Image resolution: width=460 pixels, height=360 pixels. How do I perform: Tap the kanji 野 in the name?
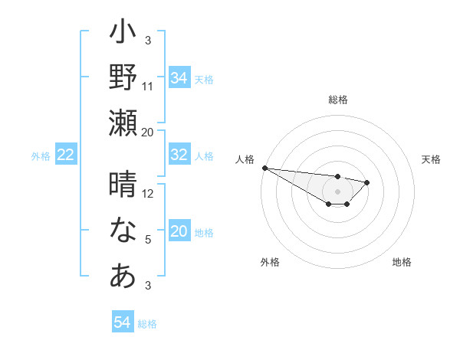(x=123, y=77)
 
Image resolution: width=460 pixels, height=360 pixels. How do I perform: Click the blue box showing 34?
(x=179, y=77)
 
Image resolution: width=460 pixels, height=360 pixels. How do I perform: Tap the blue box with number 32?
(x=179, y=155)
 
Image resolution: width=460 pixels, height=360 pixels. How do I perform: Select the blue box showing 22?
(x=66, y=155)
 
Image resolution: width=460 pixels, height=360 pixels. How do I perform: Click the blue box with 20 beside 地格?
(x=179, y=232)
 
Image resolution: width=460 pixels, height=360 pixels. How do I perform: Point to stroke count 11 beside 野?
(x=148, y=86)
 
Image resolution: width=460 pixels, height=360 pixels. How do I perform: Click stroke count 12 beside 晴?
(x=148, y=194)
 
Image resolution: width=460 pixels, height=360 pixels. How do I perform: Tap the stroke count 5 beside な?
(x=148, y=240)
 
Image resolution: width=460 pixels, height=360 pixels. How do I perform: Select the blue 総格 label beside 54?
(x=147, y=324)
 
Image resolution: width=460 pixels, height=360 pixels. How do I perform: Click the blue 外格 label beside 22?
(x=41, y=156)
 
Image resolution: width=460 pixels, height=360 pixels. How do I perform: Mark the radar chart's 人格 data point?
(x=264, y=168)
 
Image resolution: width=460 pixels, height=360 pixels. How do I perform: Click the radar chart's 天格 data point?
(x=367, y=182)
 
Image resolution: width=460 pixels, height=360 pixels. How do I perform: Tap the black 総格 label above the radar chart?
(x=337, y=100)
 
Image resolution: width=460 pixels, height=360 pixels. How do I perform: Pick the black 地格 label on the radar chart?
(x=402, y=262)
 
